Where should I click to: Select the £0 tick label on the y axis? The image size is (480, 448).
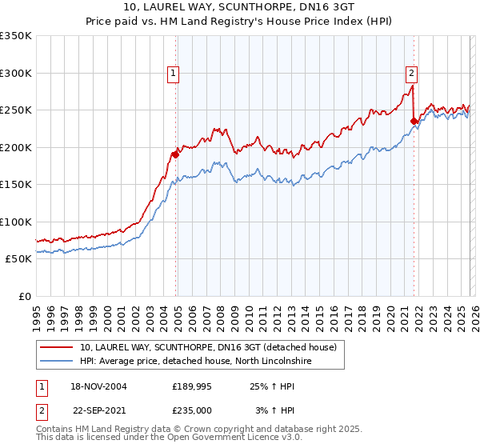[22, 296]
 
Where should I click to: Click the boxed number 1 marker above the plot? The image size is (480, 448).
[174, 74]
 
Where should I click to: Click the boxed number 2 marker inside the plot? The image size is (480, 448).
[411, 74]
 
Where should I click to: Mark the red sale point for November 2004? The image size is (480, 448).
[174, 154]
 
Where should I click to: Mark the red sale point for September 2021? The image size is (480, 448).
[414, 122]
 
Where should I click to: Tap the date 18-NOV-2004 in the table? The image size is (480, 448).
[96, 386]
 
